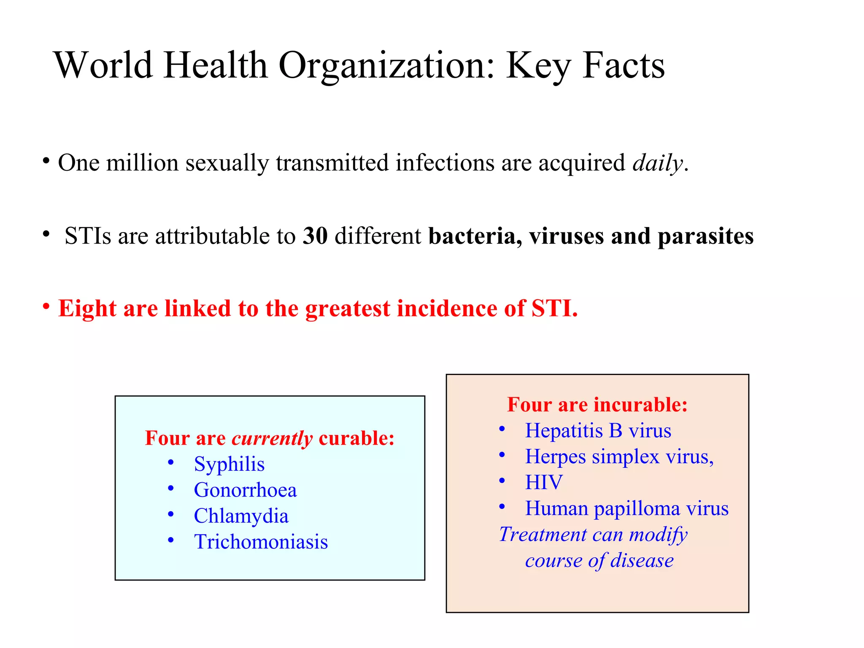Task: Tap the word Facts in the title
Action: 624,66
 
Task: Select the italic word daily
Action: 657,163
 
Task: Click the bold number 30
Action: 315,236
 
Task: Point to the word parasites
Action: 705,236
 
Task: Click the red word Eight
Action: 87,308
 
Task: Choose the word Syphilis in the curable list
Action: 229,464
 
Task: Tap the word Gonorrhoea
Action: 245,490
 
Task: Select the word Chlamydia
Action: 241,516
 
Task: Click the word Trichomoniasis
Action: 261,542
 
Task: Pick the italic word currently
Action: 272,438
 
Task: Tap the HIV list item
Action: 543,482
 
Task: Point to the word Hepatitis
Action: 564,431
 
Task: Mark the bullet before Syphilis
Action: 171,463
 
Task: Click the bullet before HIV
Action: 502,481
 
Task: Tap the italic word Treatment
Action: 543,535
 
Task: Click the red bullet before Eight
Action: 46,306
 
